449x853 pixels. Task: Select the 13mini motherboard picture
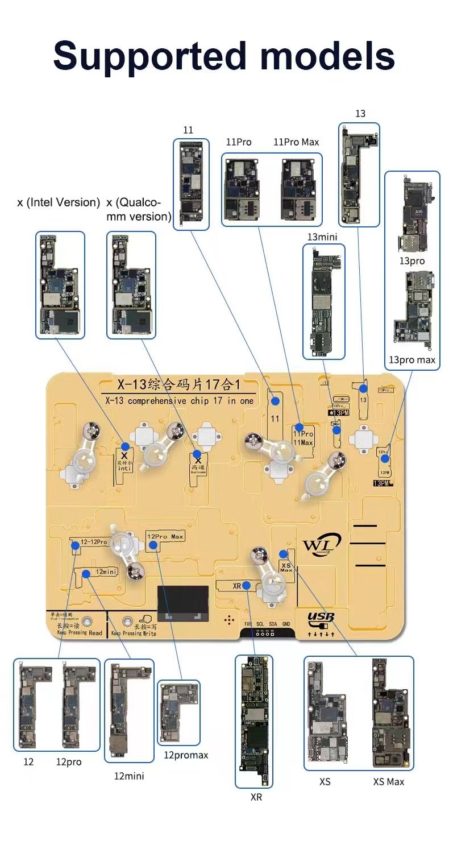(x=324, y=301)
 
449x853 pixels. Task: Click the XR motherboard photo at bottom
(x=254, y=721)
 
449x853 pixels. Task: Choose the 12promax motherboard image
(x=178, y=713)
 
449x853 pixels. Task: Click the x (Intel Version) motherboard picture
(x=60, y=284)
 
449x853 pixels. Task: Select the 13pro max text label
(x=412, y=360)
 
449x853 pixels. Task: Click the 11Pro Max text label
(x=296, y=142)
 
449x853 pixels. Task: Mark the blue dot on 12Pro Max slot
(x=153, y=545)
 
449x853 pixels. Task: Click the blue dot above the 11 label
(x=276, y=401)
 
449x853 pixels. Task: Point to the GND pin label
(x=286, y=624)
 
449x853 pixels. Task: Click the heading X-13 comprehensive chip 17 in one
(x=177, y=400)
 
